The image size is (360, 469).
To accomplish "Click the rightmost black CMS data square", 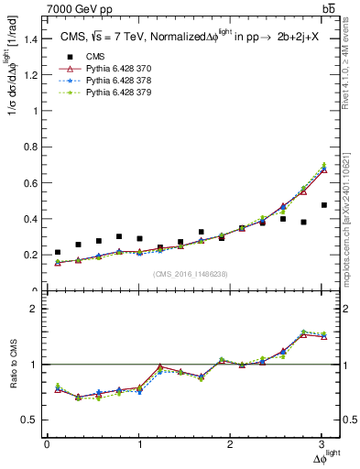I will (323, 231).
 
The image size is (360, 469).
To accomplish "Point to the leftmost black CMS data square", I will (58, 252).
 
